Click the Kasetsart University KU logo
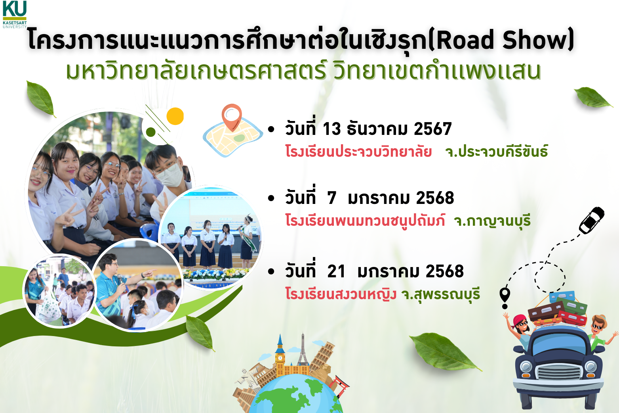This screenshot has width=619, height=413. point(15,14)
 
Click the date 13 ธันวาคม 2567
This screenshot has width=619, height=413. point(387,129)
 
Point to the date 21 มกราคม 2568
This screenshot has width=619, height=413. point(396,271)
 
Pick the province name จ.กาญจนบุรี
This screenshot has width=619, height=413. point(492,221)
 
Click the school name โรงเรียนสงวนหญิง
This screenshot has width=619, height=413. point(341,294)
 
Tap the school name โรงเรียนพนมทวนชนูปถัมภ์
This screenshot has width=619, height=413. point(365,221)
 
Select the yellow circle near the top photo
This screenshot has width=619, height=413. point(175,116)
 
